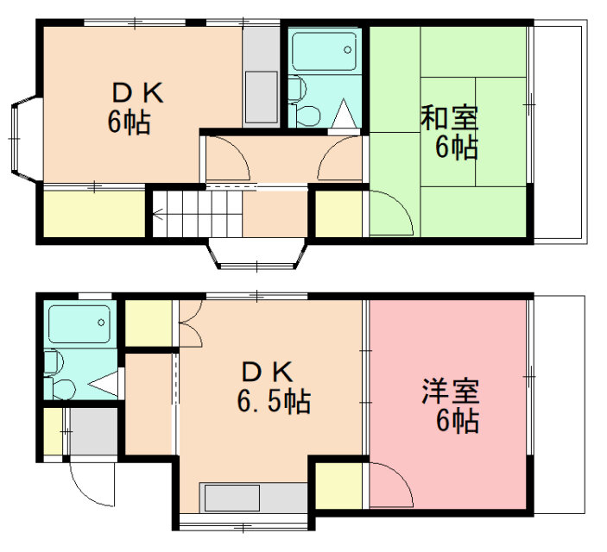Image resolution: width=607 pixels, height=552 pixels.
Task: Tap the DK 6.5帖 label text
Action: tap(274, 387)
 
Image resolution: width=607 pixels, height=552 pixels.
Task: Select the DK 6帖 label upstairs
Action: tap(135, 108)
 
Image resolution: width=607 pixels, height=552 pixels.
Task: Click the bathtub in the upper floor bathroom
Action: tap(324, 51)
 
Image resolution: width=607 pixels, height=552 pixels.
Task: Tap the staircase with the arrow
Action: tap(198, 214)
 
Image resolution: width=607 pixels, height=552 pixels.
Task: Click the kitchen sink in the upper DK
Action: tap(262, 97)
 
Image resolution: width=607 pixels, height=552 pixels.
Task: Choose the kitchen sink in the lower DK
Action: tap(232, 498)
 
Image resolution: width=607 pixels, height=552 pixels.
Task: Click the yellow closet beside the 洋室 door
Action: tap(339, 486)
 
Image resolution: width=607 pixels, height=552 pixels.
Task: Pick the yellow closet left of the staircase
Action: tap(94, 214)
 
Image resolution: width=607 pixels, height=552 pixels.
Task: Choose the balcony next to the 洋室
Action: tap(560, 405)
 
